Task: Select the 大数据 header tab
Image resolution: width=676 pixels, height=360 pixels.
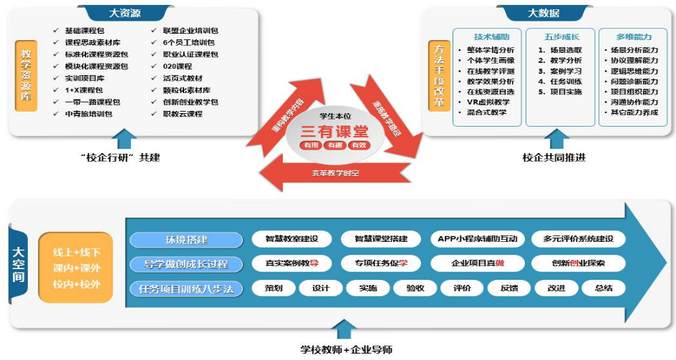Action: (x=544, y=13)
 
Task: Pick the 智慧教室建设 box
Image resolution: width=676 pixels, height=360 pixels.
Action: (x=291, y=239)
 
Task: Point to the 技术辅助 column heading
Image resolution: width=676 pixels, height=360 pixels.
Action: (x=492, y=37)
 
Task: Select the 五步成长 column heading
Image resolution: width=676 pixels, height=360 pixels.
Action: (x=560, y=37)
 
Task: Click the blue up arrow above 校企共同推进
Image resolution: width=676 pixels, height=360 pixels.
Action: (x=554, y=138)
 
